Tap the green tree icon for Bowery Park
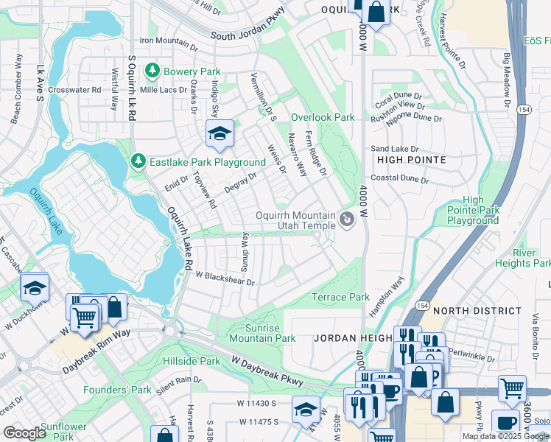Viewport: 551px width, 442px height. (152, 71)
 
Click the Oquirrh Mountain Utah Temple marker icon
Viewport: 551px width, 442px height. (346, 219)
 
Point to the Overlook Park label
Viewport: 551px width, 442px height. (323, 117)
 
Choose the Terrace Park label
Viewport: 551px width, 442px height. (340, 297)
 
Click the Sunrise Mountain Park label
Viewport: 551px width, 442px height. (262, 333)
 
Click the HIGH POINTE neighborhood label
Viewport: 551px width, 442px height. (411, 159)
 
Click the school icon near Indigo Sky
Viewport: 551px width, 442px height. (219, 133)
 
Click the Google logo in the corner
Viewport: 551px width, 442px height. (25, 433)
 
